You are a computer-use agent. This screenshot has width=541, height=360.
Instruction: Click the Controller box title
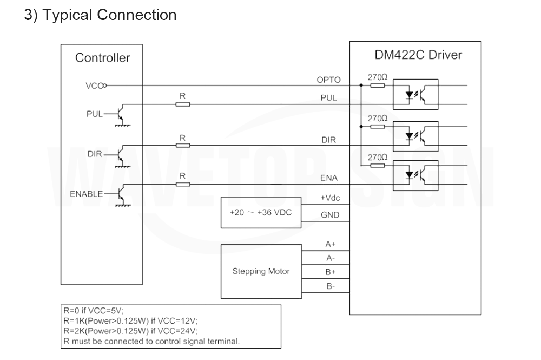click(x=102, y=57)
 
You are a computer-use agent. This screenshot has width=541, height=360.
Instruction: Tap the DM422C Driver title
click(x=418, y=55)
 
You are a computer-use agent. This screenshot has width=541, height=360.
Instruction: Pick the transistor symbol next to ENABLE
click(x=120, y=195)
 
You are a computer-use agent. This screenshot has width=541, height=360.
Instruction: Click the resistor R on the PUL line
click(x=182, y=104)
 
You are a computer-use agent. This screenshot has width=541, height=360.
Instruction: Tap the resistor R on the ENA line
click(x=182, y=184)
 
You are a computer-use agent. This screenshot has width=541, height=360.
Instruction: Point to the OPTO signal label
click(x=328, y=80)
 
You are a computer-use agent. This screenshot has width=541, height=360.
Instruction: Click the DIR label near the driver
click(x=328, y=140)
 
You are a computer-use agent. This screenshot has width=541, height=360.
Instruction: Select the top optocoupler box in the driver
click(x=415, y=94)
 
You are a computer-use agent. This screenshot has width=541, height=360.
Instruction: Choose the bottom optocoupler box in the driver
click(x=415, y=175)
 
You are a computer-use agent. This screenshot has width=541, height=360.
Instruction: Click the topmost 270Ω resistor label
click(x=377, y=77)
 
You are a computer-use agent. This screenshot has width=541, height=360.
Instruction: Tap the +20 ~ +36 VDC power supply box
click(x=261, y=213)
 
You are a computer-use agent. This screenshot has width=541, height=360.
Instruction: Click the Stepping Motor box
click(x=261, y=272)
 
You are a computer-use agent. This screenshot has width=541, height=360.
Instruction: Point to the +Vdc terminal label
click(x=330, y=198)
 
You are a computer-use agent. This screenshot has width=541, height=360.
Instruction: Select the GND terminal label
click(x=330, y=215)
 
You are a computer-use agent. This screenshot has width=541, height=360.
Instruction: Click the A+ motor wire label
click(x=331, y=244)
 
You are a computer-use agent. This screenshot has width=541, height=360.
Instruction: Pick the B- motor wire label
click(x=331, y=286)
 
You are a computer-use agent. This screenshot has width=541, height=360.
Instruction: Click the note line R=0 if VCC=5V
click(x=94, y=310)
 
